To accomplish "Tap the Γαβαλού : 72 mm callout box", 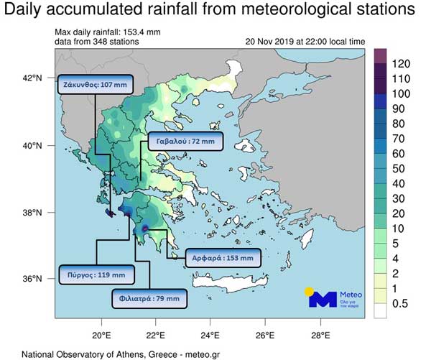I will pos(185,142).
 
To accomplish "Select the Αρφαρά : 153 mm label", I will pos(221,257).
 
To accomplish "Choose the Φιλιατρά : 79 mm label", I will pos(150,297).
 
